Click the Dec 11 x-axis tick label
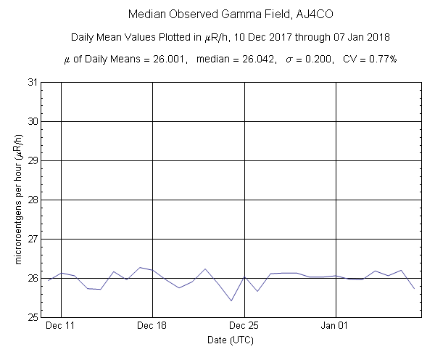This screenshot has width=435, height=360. (61, 327)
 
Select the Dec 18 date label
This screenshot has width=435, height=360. (152, 327)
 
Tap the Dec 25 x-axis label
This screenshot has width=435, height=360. (244, 327)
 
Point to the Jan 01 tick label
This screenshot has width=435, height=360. (336, 327)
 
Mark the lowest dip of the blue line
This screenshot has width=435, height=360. (231, 300)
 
